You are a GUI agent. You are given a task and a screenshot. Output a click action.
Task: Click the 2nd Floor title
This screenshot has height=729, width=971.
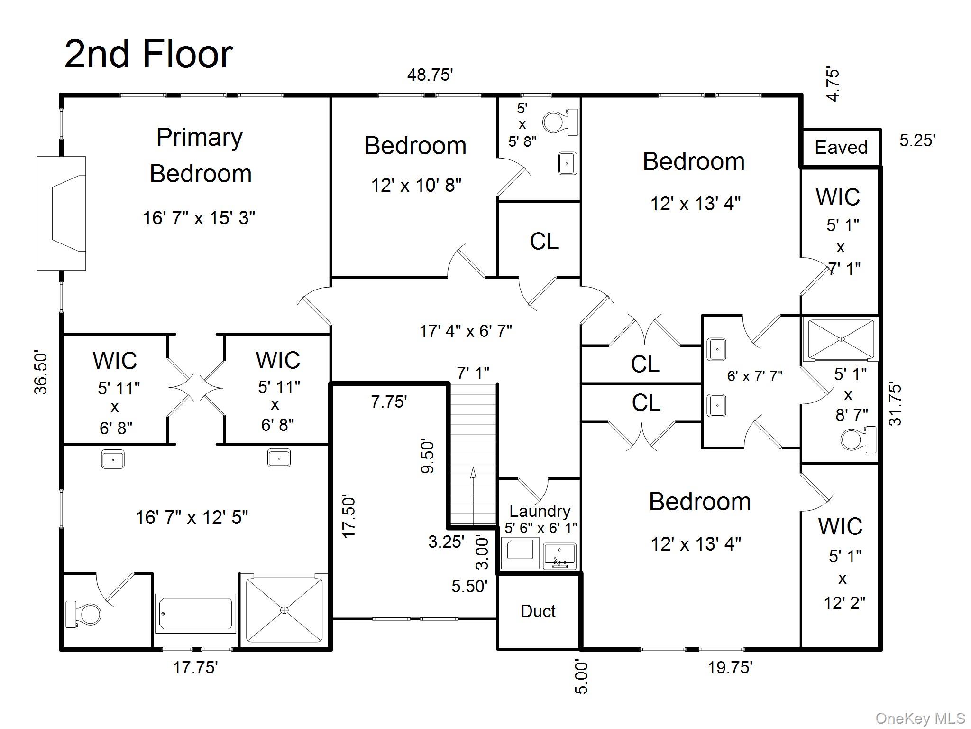[x=148, y=54]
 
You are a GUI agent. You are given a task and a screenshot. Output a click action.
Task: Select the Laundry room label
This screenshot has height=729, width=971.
[x=540, y=511]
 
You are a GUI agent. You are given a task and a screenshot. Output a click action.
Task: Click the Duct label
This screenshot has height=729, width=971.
[x=538, y=611]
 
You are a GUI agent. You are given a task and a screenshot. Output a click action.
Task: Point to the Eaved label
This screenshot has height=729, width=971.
[x=841, y=147]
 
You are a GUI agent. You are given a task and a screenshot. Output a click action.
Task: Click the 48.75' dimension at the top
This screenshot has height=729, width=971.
[x=430, y=75]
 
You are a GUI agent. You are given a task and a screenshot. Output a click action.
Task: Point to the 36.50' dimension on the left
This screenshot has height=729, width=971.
[x=41, y=373]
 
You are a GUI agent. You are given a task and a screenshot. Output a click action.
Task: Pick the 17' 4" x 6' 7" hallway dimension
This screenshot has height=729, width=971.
[x=466, y=331]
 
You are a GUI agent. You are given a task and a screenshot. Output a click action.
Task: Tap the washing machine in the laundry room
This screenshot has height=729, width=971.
[x=520, y=551]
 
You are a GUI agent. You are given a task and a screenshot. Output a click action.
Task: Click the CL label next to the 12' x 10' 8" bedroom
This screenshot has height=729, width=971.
[x=544, y=241]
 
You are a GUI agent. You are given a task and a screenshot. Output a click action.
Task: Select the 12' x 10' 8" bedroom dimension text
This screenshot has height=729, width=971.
[x=416, y=185]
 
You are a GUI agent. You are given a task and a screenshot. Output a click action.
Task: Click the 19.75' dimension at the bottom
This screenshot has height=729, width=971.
[x=730, y=668]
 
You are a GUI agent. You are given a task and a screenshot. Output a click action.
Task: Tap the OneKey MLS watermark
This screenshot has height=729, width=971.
[x=920, y=719]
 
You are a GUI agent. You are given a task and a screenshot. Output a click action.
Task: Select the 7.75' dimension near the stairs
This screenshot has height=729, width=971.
[x=389, y=402]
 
